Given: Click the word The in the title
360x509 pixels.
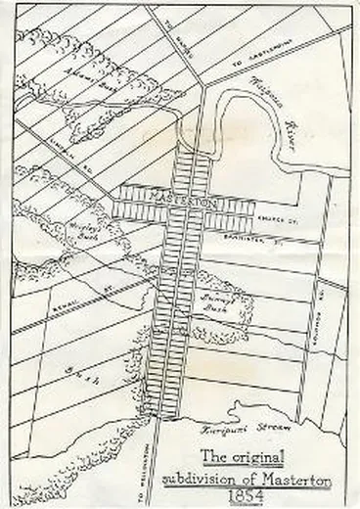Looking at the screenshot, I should (x=211, y=455).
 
